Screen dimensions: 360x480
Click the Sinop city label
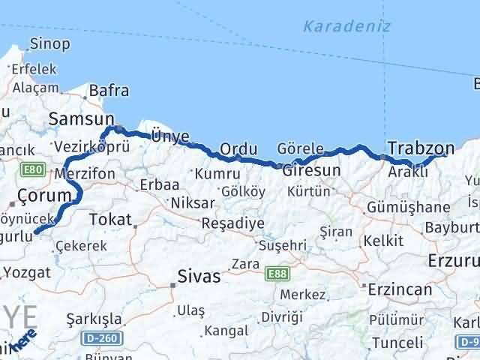coord(50,43)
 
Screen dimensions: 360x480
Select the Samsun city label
coord(80,118)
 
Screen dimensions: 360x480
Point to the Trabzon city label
coord(421,147)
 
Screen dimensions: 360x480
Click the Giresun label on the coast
coord(311,170)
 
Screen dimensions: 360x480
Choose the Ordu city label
coord(238,148)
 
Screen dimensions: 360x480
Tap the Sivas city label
coord(199,277)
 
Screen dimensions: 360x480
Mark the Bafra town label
coord(109,91)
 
